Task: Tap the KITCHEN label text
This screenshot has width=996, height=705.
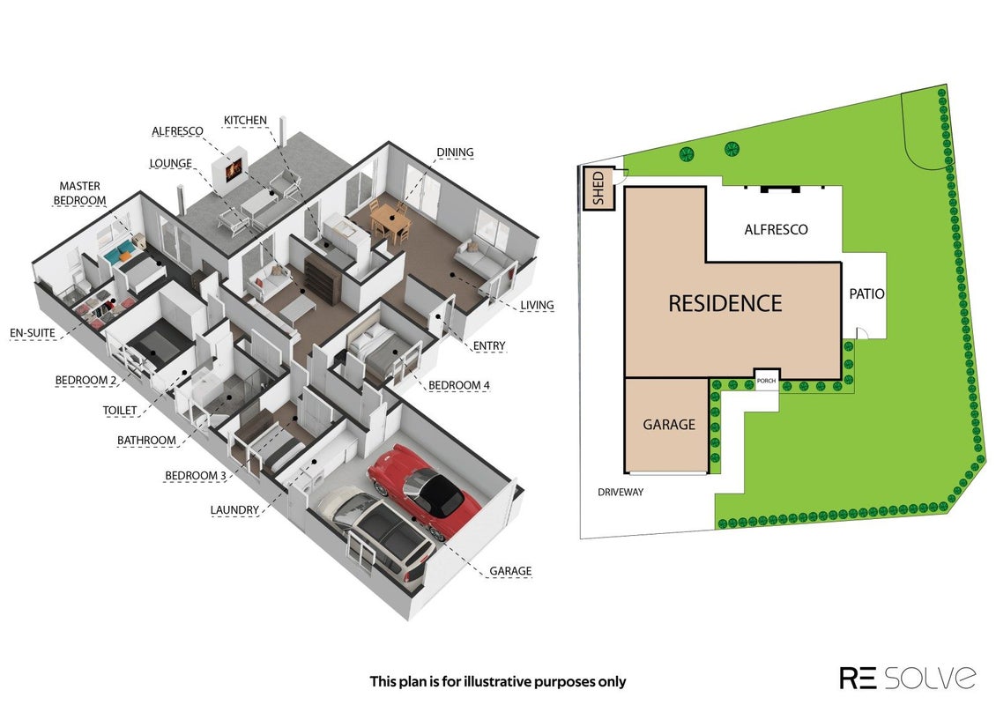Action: (245, 121)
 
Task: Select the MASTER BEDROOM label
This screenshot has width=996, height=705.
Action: (79, 193)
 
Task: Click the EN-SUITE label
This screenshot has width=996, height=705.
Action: (33, 333)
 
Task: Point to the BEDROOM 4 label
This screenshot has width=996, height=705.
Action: (458, 385)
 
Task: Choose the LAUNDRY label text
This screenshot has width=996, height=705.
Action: (234, 510)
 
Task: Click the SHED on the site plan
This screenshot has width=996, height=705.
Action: (598, 189)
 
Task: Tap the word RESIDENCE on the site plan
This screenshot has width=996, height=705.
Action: (725, 304)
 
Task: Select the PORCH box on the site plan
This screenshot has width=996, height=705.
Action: (766, 380)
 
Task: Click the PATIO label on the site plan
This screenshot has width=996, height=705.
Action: (866, 294)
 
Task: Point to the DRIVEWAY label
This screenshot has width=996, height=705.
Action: (621, 493)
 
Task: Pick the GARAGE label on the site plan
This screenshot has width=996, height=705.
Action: (669, 424)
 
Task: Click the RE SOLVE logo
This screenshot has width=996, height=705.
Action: (908, 678)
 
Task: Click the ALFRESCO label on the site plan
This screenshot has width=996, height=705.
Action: (776, 230)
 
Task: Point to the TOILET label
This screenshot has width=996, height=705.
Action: (120, 411)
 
